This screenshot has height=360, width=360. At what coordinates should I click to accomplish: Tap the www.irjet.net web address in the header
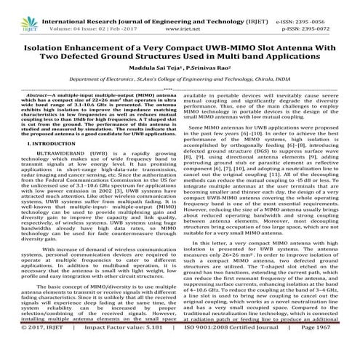(179, 13)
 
